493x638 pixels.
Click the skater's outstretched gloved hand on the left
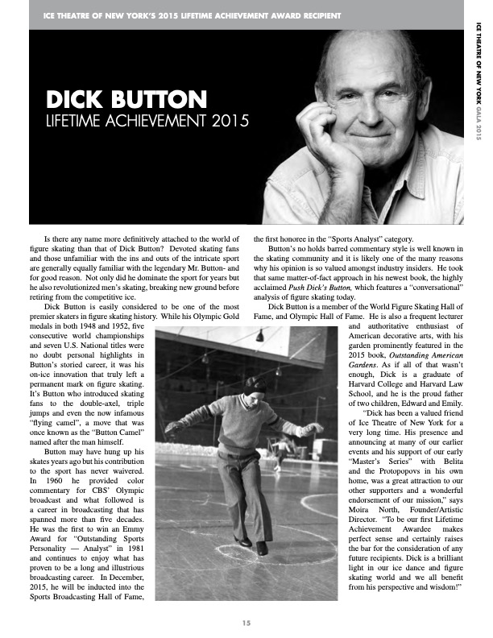(x=170, y=426)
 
